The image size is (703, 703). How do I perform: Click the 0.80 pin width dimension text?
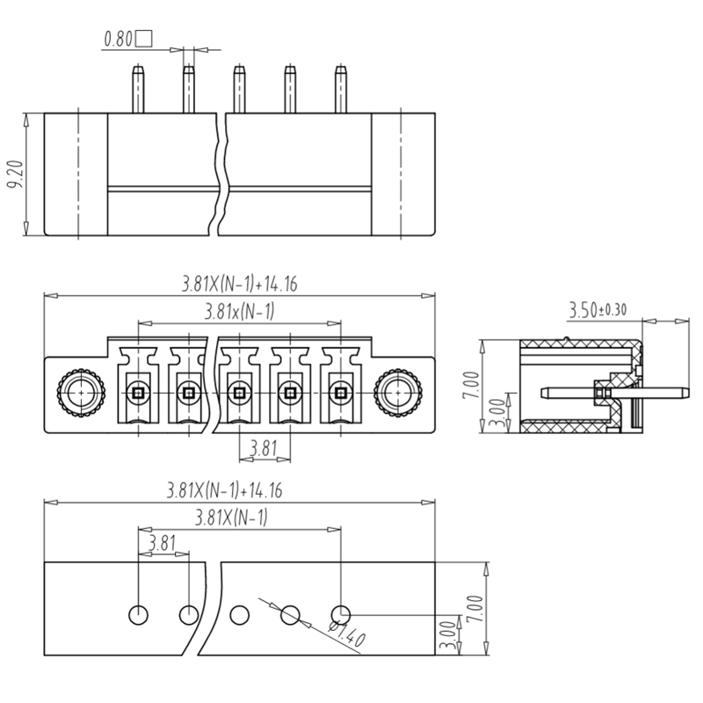point(120,39)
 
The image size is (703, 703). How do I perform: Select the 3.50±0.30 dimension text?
point(598,309)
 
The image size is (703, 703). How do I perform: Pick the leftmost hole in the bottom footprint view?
point(138,613)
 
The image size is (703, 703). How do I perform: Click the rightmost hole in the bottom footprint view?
point(341,613)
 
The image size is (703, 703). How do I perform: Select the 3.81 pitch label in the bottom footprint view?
point(162,542)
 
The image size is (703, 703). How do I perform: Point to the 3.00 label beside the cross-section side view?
point(495,412)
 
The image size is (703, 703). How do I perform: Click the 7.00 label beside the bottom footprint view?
point(475,607)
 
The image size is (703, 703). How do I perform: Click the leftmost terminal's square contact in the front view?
point(137,392)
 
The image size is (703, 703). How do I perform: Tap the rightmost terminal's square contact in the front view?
point(340,392)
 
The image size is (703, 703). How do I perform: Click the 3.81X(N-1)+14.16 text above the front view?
point(239,283)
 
